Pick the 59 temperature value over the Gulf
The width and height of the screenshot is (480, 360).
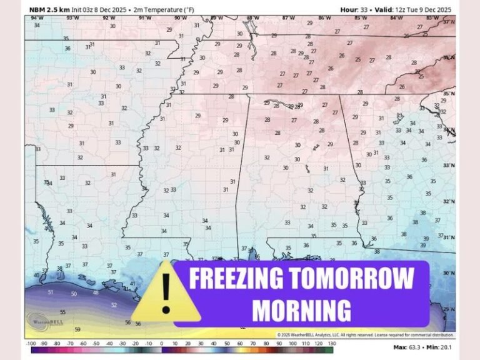click(x=77, y=329)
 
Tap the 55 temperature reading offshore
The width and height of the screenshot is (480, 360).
click(x=62, y=312)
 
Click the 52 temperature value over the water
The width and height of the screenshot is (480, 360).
click(x=114, y=305)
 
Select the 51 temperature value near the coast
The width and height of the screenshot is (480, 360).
click(x=51, y=292)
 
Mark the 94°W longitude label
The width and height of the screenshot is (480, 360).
click(x=37, y=17)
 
